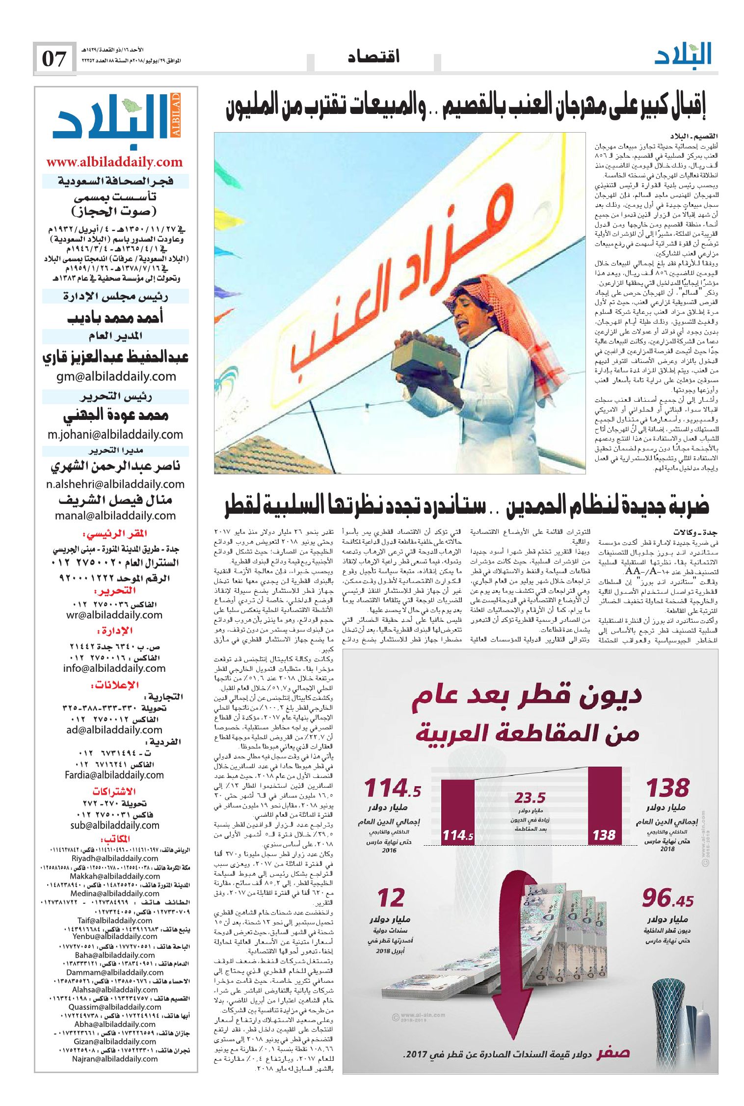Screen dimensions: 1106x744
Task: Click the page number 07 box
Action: click(54, 59)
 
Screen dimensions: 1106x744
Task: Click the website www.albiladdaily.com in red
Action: click(114, 162)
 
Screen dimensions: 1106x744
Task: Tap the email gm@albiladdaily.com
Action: click(116, 376)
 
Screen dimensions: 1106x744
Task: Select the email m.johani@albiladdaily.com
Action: click(115, 434)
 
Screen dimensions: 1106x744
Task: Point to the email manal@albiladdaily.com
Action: click(115, 515)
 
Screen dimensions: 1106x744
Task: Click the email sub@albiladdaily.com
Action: click(115, 825)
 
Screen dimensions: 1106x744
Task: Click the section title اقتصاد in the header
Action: click(373, 57)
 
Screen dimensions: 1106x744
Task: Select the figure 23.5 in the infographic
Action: click(530, 797)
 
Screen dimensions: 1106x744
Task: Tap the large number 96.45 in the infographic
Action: click(667, 898)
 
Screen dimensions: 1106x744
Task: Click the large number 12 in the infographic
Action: click(391, 898)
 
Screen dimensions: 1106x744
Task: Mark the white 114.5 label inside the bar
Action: click(457, 835)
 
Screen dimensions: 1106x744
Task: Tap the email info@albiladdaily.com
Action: click(114, 668)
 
